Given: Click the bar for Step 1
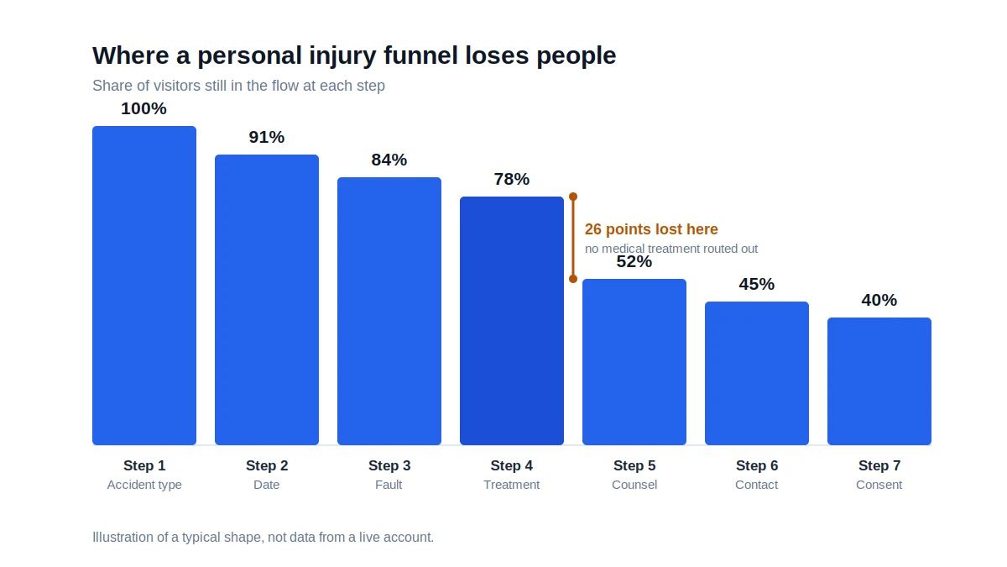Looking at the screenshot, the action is (x=144, y=286).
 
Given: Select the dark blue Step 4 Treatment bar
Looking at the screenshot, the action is (x=512, y=321).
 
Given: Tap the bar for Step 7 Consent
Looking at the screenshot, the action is (x=879, y=381).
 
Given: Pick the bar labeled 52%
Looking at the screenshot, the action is (x=634, y=362).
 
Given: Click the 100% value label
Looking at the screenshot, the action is (x=143, y=108).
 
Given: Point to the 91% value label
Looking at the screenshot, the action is (x=267, y=137).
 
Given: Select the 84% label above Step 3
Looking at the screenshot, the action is (x=389, y=160).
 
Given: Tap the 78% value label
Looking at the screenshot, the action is (x=512, y=179).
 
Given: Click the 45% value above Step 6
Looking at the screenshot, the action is (x=757, y=284).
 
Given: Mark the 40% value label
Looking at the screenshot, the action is (x=879, y=300).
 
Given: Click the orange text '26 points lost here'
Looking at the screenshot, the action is (x=651, y=229).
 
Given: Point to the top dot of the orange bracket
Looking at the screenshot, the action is (x=573, y=197).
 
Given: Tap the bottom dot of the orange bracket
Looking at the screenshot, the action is (x=573, y=279).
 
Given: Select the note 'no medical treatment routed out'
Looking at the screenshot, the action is (x=671, y=249).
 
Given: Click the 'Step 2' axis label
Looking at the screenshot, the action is (x=267, y=465).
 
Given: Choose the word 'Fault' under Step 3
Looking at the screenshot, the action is (x=389, y=485).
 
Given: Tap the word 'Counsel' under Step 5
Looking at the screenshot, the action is (x=634, y=485).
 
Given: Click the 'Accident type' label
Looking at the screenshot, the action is (x=144, y=485).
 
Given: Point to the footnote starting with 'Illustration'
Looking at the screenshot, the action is (x=263, y=537).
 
